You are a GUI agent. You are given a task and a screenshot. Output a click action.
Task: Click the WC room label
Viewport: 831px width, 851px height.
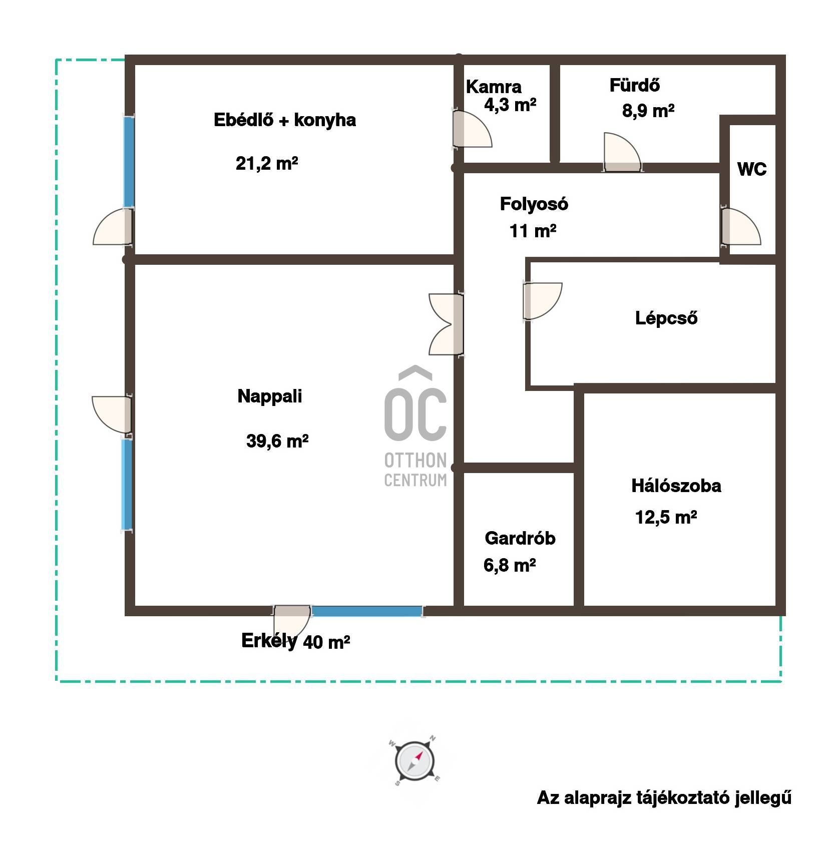click(x=752, y=170)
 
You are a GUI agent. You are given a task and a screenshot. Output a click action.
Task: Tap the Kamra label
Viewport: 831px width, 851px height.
click(x=494, y=87)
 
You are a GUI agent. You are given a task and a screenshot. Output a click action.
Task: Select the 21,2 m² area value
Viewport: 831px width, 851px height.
click(x=267, y=164)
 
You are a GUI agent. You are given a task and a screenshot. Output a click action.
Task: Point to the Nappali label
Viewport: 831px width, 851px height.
click(x=270, y=396)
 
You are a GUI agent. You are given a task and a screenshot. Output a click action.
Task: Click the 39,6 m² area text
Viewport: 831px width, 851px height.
click(x=277, y=441)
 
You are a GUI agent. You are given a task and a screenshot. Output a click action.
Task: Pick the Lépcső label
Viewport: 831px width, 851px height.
click(x=666, y=318)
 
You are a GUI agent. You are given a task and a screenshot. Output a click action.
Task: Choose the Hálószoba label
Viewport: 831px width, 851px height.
click(x=676, y=486)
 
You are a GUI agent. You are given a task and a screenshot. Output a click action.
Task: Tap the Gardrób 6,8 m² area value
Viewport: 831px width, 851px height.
click(x=510, y=566)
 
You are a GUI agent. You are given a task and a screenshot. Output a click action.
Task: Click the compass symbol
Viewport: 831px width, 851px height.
click(x=413, y=761)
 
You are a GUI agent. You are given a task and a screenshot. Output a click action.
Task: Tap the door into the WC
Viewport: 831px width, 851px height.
click(x=739, y=227)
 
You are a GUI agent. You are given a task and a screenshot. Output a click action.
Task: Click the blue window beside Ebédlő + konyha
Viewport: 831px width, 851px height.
click(x=129, y=161)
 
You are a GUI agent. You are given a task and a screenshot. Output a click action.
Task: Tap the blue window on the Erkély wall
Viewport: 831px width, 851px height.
click(x=367, y=611)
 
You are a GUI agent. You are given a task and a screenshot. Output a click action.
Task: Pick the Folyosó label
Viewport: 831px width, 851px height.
click(x=534, y=204)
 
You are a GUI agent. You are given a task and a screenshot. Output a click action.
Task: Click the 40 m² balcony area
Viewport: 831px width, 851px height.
click(x=326, y=642)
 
